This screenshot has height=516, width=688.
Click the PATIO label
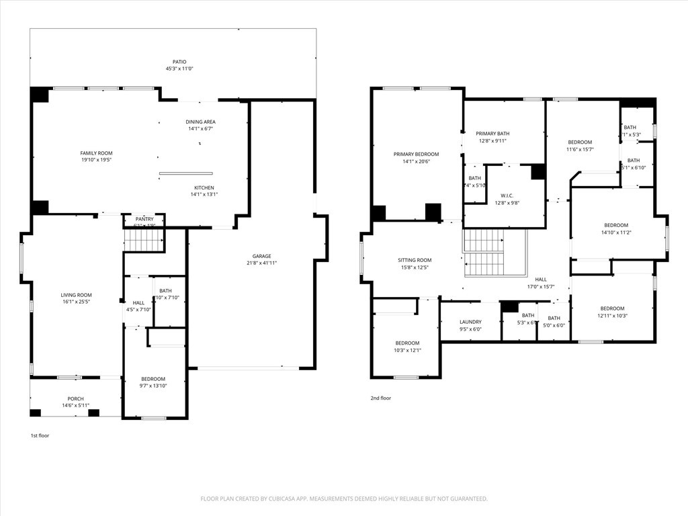(175, 62)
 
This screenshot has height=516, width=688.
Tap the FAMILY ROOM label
(96, 153)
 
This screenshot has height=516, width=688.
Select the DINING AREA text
(200, 122)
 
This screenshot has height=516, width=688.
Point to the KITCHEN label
(204, 187)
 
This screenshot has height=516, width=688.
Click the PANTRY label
(144, 219)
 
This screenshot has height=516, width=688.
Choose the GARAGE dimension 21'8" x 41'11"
(261, 263)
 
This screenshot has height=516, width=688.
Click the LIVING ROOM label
(76, 295)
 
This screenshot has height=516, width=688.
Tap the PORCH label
(75, 398)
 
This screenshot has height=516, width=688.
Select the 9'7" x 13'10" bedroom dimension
(153, 386)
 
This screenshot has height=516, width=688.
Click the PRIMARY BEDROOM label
(416, 154)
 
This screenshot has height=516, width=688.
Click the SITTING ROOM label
(415, 260)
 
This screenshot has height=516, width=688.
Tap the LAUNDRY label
(470, 322)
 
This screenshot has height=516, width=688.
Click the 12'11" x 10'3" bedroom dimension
(611, 316)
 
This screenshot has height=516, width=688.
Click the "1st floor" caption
(40, 435)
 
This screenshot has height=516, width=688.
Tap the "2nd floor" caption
(380, 398)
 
